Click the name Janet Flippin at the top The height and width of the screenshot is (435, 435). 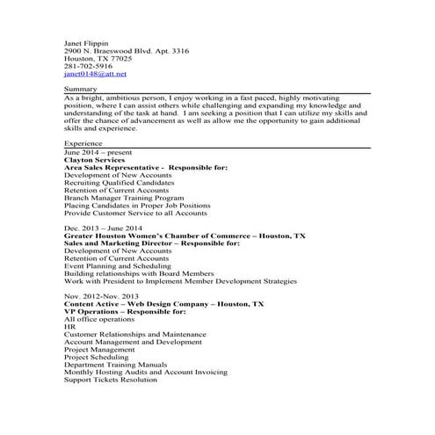coord(87,43)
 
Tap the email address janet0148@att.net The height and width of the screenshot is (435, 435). coord(90,75)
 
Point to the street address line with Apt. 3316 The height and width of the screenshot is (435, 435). coord(126,51)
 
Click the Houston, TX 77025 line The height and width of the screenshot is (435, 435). coord(98,59)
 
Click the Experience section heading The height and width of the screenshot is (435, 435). coord(83,142)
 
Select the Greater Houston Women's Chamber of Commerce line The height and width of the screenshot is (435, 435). coord(185,236)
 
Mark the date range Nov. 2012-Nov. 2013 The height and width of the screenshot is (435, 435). coord(102,296)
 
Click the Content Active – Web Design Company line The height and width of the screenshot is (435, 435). coord(163,304)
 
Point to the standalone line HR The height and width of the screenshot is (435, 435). coord(70,327)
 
